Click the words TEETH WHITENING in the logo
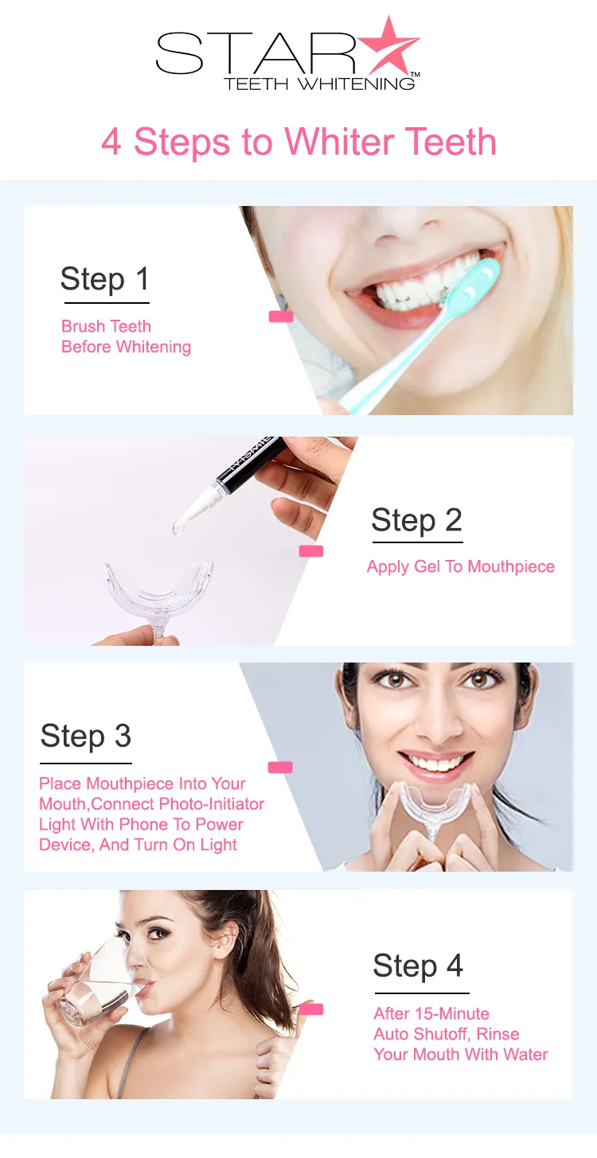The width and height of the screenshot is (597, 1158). pyautogui.click(x=318, y=83)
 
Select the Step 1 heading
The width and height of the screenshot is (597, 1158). pyautogui.click(x=104, y=280)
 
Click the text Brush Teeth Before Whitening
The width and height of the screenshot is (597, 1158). pyautogui.click(x=125, y=336)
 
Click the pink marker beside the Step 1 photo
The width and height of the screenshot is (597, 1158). pyautogui.click(x=281, y=317)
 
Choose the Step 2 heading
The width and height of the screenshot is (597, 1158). pyautogui.click(x=416, y=521)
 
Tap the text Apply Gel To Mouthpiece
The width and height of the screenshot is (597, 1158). pyautogui.click(x=460, y=567)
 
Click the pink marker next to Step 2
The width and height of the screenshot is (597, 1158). pyautogui.click(x=310, y=551)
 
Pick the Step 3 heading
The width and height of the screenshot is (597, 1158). pyautogui.click(x=85, y=736)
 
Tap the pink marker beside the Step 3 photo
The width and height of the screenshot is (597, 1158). pyautogui.click(x=280, y=767)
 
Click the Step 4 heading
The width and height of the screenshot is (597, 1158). pyautogui.click(x=418, y=966)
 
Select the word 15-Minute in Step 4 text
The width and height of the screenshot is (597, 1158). pyautogui.click(x=451, y=1014)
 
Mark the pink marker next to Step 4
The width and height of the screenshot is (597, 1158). pyautogui.click(x=311, y=1009)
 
